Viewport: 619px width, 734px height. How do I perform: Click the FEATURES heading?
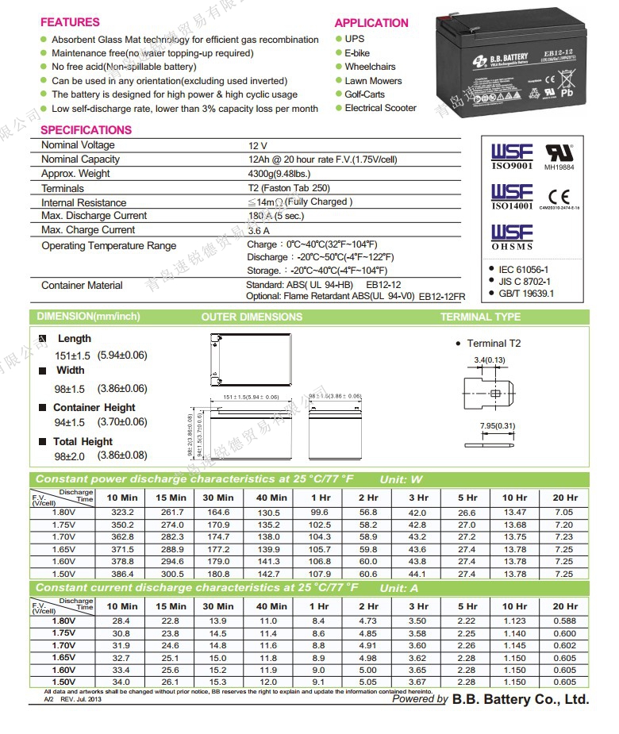(x=70, y=22)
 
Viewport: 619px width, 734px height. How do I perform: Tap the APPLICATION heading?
(x=371, y=23)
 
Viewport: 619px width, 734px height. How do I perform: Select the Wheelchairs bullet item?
(x=370, y=67)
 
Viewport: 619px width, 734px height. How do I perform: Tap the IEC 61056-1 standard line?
(x=524, y=270)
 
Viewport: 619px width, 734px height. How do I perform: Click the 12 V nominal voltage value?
(x=258, y=146)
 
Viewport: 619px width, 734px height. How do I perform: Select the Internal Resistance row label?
(x=83, y=202)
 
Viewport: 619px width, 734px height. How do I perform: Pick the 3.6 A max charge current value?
(x=259, y=230)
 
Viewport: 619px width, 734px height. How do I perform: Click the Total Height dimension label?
(x=83, y=441)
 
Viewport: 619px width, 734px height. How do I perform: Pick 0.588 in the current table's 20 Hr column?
(x=565, y=621)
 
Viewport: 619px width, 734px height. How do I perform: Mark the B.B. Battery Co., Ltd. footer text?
(x=521, y=699)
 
